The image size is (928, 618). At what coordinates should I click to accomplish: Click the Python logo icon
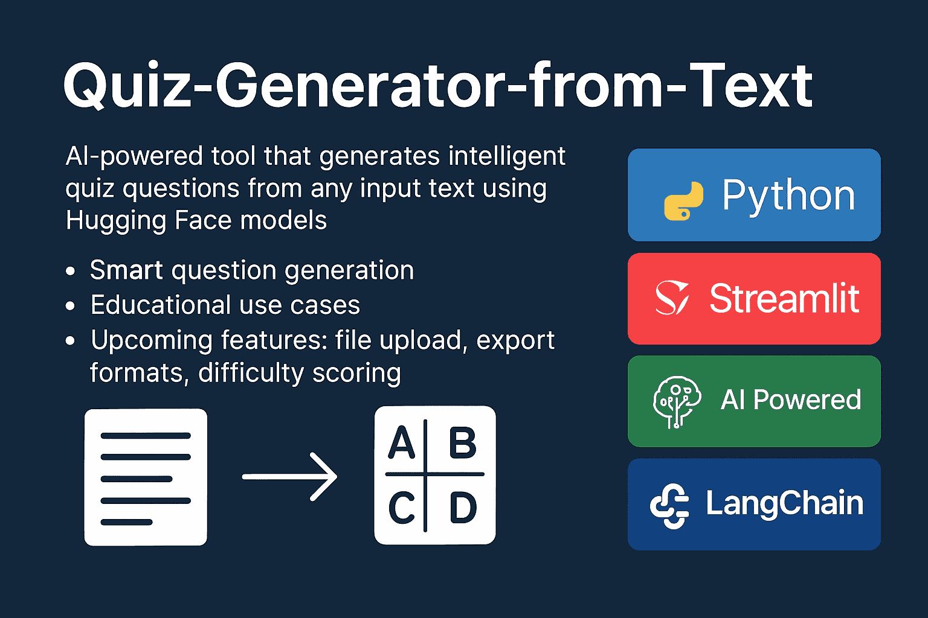683,200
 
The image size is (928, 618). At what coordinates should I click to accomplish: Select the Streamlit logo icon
672,298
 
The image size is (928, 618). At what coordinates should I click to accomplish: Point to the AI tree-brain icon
676,401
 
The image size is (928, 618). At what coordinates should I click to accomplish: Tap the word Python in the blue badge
788,196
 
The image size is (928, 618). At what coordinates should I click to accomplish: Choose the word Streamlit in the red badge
784,298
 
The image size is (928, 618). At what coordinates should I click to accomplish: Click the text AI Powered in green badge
790,400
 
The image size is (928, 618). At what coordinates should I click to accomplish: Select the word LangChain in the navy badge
784,503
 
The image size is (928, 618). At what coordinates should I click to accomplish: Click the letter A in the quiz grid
401,444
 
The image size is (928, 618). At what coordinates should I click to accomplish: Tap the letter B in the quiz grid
462,444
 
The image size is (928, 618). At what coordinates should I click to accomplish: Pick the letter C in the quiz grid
401,508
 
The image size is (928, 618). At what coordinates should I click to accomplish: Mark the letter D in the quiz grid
463,508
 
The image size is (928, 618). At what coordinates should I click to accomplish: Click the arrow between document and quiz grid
289,477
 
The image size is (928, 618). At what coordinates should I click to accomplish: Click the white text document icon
146,477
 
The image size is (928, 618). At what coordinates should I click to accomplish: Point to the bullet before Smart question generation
71,272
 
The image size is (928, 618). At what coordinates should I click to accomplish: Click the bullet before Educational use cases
71,307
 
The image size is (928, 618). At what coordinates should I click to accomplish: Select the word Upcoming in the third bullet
151,341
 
